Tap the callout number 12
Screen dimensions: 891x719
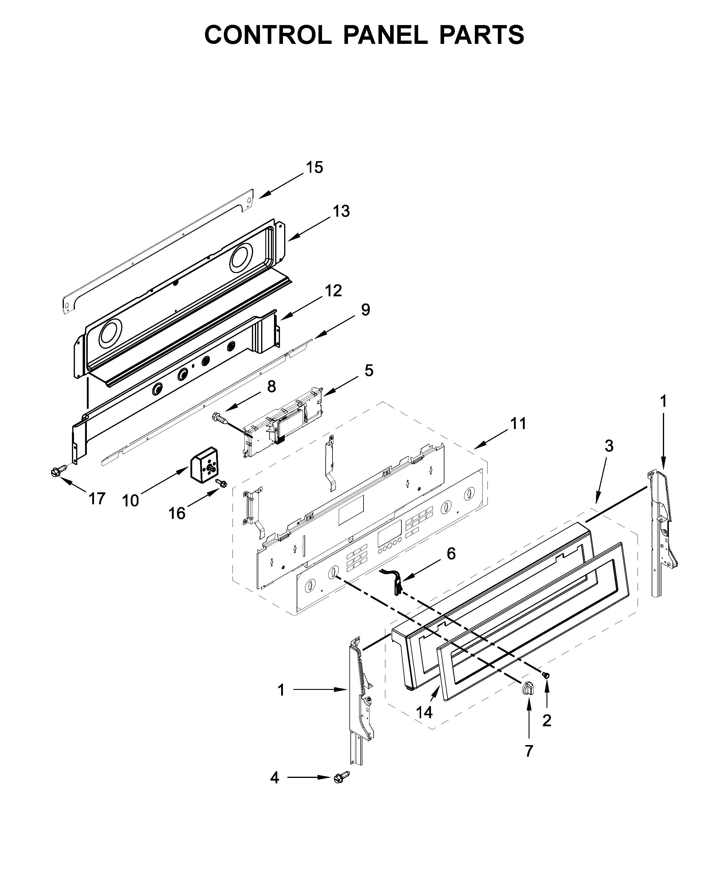tap(333, 291)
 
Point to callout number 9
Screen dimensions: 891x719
tap(365, 310)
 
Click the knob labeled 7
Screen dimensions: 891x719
tap(527, 688)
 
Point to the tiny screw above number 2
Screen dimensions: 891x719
tap(546, 675)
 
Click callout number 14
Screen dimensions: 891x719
tap(424, 712)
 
